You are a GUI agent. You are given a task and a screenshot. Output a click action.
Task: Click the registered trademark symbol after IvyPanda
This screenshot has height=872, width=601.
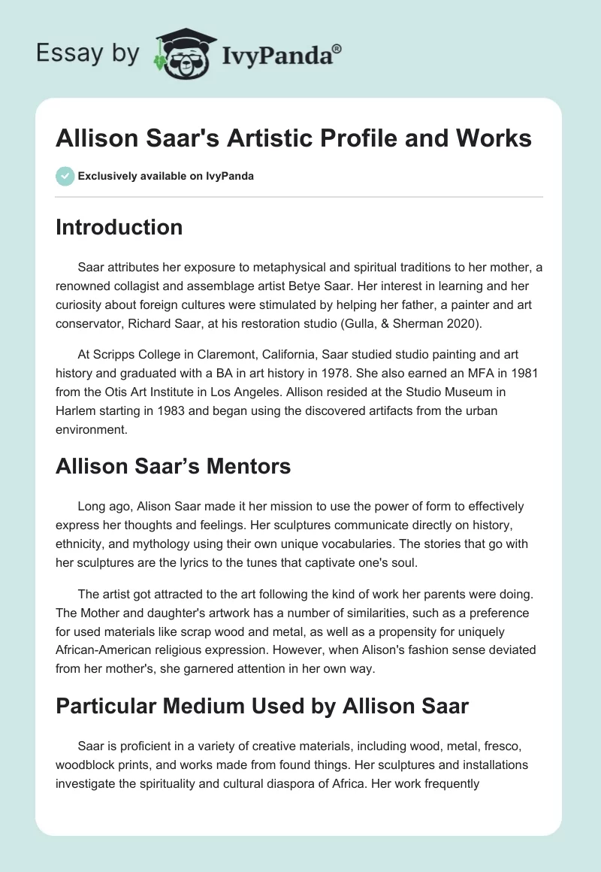(x=337, y=49)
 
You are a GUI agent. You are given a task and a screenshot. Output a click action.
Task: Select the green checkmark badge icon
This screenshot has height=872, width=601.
(x=65, y=176)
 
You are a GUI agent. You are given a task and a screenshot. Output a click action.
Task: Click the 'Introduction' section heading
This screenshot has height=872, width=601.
(x=119, y=227)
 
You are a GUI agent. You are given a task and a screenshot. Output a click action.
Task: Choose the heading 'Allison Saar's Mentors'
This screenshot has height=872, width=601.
(x=173, y=466)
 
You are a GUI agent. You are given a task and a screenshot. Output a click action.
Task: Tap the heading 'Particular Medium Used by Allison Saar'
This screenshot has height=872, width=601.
(x=261, y=705)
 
